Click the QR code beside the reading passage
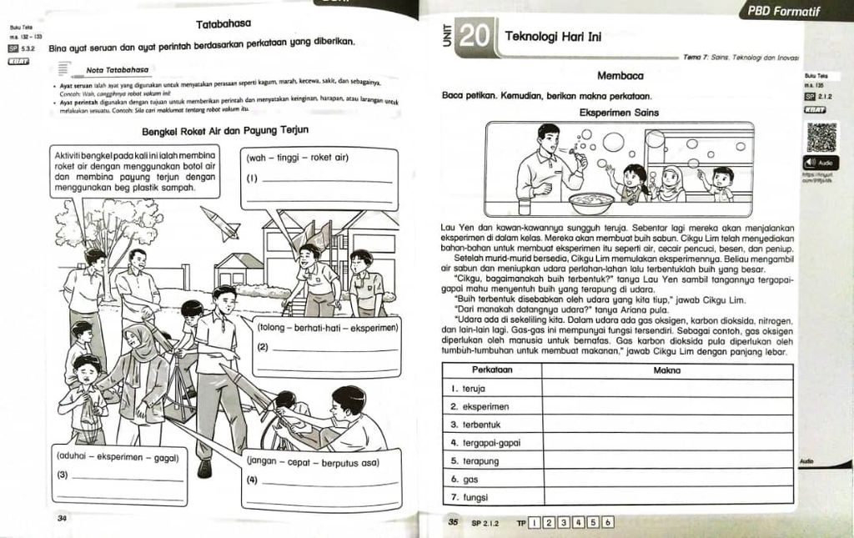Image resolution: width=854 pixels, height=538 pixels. pyautogui.click(x=821, y=137)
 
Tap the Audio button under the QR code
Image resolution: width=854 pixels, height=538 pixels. pyautogui.click(x=821, y=163)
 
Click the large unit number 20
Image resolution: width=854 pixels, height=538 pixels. pyautogui.click(x=474, y=36)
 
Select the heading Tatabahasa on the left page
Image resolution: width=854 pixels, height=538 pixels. pyautogui.click(x=224, y=24)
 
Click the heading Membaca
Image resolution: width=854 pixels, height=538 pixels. pyautogui.click(x=619, y=77)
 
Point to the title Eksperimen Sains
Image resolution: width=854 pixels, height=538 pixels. pyautogui.click(x=619, y=113)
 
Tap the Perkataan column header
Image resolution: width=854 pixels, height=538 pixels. pyautogui.click(x=492, y=370)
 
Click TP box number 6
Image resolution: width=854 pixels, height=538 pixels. pyautogui.click(x=608, y=523)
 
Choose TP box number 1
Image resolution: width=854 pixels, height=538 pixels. pyautogui.click(x=534, y=523)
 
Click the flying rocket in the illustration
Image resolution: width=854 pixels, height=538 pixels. pyautogui.click(x=220, y=223)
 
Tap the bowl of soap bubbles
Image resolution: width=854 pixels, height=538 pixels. pyautogui.click(x=590, y=203)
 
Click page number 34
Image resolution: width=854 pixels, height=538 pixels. pyautogui.click(x=62, y=518)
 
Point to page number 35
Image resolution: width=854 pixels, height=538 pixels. pyautogui.click(x=454, y=523)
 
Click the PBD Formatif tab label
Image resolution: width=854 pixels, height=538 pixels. pyautogui.click(x=784, y=12)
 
